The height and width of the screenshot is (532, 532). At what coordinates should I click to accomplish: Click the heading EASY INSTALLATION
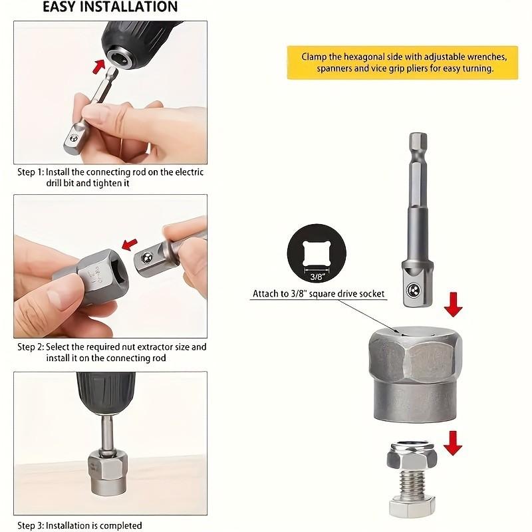pos(110,7)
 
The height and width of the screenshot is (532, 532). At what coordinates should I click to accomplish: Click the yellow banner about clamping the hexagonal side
pos(402,63)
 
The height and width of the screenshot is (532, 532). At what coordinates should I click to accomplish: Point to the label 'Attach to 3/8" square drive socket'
pos(319,293)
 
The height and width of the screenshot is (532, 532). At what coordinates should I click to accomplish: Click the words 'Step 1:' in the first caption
pos(30,172)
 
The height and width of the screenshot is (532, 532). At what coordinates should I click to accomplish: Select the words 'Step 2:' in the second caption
pos(30,347)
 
